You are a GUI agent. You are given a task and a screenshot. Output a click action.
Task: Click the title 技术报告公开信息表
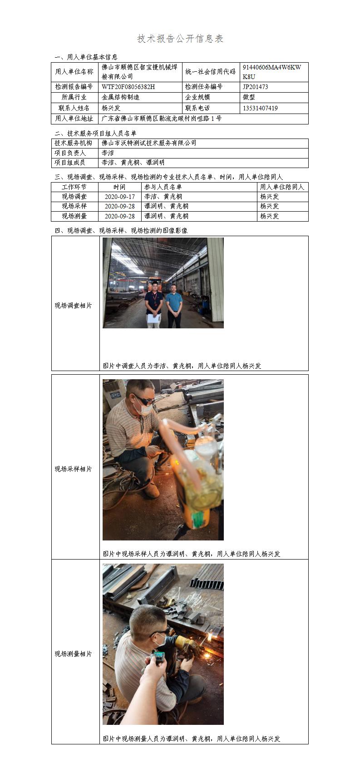180,39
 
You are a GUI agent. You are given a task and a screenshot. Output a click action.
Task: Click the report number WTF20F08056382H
128,87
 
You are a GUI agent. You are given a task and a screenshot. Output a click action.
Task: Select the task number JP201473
255,87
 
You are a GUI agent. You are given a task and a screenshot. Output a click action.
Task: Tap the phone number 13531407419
260,108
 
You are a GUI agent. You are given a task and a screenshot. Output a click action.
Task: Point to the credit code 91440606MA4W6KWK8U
271,72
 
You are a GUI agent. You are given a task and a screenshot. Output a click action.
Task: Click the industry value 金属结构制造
120,97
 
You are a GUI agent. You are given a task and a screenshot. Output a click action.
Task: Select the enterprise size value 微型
249,97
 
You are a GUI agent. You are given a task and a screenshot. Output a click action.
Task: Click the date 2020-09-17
120,197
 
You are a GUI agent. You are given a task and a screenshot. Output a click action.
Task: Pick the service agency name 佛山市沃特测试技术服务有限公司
149,143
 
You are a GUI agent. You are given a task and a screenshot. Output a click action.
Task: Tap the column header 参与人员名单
163,187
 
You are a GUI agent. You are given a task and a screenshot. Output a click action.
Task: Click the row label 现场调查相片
73,305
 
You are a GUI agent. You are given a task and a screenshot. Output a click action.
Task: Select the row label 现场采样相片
73,469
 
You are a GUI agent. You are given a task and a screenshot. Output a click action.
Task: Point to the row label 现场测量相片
73,654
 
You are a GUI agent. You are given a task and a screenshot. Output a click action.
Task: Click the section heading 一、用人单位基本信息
86,57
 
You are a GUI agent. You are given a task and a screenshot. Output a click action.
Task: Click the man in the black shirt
154,305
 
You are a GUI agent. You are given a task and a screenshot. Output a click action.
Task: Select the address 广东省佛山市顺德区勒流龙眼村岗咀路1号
162,119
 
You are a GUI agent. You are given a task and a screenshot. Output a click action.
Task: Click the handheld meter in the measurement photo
158,656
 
